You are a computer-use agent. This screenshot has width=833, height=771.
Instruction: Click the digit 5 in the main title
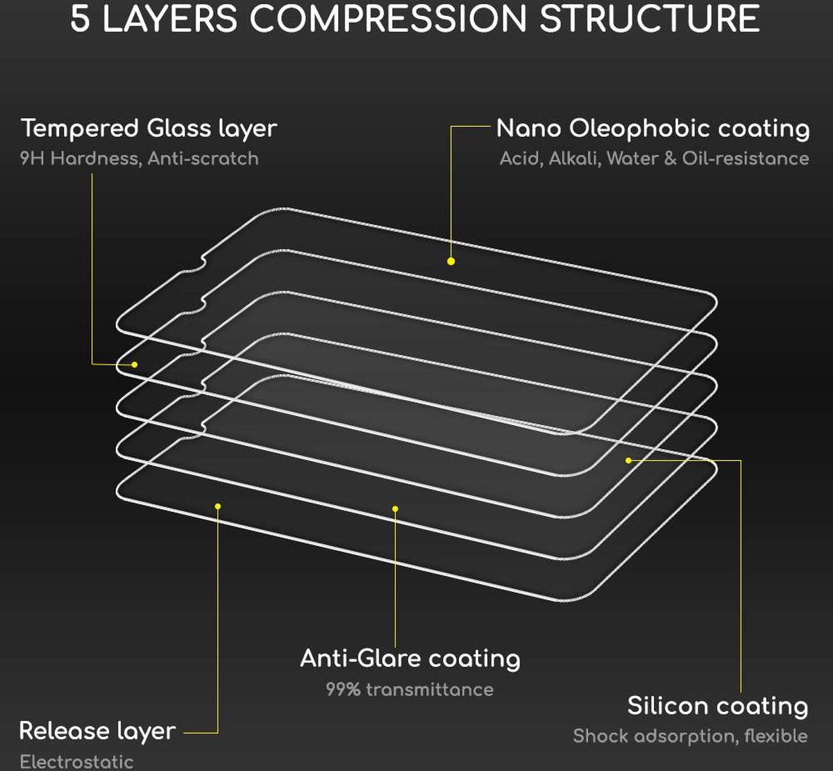tap(80, 19)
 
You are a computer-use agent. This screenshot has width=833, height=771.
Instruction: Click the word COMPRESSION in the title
tap(388, 19)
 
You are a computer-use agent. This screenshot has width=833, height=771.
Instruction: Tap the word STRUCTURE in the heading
tap(649, 19)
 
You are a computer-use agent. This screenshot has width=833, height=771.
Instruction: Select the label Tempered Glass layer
tap(149, 129)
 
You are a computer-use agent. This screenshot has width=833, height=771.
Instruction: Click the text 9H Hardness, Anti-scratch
tap(140, 158)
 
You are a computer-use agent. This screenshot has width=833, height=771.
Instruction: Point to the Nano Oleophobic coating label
tap(653, 128)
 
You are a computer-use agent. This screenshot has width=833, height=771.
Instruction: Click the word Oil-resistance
tap(746, 158)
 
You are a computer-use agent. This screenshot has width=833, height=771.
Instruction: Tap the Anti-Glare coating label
tap(410, 658)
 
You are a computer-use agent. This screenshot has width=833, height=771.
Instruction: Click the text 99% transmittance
tap(410, 690)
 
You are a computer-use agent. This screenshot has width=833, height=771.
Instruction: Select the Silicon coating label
tap(718, 706)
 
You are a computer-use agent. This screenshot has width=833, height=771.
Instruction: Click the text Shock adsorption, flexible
tap(691, 736)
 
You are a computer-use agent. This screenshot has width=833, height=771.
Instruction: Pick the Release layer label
tap(97, 731)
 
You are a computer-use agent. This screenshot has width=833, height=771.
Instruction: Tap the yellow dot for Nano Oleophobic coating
tap(451, 261)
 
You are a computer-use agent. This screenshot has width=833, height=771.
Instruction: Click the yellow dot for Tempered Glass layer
tap(134, 364)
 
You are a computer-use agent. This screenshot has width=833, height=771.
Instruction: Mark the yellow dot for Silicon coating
tap(628, 461)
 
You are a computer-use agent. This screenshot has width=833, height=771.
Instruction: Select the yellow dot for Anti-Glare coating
tap(395, 508)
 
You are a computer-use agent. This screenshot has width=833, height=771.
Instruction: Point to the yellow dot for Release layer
tap(218, 506)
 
